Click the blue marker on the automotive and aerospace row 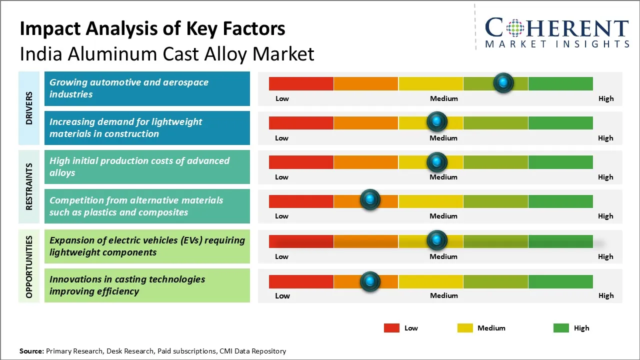click(x=503, y=82)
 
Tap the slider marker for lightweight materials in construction click(x=437, y=121)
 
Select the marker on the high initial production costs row click(x=437, y=161)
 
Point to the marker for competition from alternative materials click(x=370, y=200)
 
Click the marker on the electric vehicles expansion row click(x=437, y=240)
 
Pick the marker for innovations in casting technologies click(x=370, y=281)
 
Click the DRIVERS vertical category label click(x=29, y=108)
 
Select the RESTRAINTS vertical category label click(x=29, y=186)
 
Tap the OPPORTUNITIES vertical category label click(x=29, y=266)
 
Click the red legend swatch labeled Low click(x=391, y=328)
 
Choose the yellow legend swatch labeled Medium click(x=465, y=328)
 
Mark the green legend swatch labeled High click(x=561, y=328)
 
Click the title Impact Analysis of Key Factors click(x=152, y=29)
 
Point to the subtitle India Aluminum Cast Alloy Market click(x=167, y=53)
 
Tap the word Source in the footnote click(x=31, y=351)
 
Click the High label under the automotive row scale click(x=605, y=98)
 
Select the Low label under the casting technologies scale click(x=282, y=295)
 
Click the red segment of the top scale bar click(x=301, y=83)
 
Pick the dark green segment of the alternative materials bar click(x=560, y=201)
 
